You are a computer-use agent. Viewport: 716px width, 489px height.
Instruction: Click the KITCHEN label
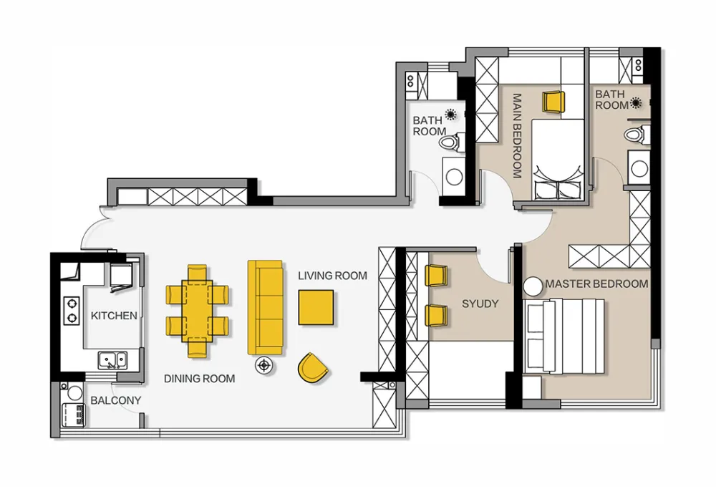click(114, 316)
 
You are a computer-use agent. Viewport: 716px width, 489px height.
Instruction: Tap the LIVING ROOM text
click(332, 276)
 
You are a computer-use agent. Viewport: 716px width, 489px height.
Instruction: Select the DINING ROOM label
click(200, 379)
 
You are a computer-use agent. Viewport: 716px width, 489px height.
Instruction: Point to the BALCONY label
click(115, 400)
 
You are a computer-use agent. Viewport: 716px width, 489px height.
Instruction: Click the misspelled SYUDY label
click(480, 304)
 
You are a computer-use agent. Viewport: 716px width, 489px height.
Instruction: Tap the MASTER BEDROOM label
click(597, 284)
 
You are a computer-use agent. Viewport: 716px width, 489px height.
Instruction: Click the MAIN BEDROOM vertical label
click(517, 135)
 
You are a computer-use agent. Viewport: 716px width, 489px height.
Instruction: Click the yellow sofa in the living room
click(265, 307)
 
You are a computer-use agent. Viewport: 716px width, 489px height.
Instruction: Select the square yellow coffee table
click(316, 307)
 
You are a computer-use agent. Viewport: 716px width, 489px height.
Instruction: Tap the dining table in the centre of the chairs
click(198, 311)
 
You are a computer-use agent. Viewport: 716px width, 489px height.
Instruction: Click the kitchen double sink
click(113, 360)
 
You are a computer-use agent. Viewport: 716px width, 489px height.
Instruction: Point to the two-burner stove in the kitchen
click(71, 311)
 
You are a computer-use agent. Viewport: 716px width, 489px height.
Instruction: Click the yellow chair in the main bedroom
click(553, 102)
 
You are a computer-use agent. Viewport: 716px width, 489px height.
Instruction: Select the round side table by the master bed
click(533, 286)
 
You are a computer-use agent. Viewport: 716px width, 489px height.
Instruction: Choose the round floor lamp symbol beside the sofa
click(263, 365)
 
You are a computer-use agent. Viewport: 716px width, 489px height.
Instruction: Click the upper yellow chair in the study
click(435, 276)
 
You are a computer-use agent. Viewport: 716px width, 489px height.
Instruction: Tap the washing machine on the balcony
click(73, 415)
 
